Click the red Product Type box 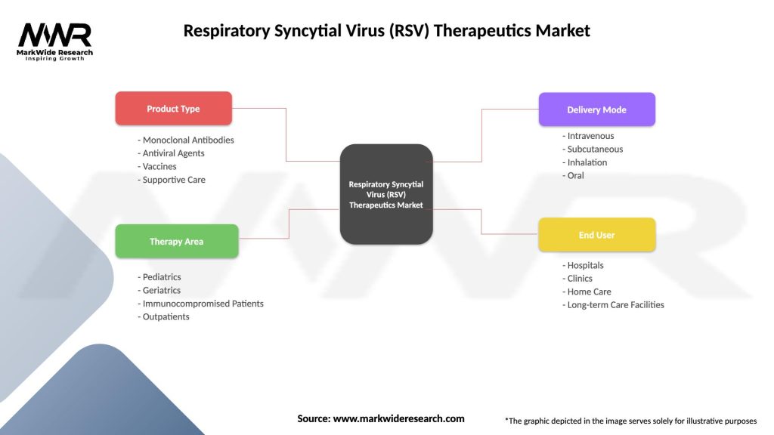click(x=173, y=109)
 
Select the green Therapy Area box click(x=176, y=242)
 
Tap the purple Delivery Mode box click(x=596, y=110)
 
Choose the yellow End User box click(x=596, y=235)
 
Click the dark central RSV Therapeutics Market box click(x=386, y=194)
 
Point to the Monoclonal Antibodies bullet click(x=186, y=140)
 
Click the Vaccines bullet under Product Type click(x=157, y=166)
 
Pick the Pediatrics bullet click(x=159, y=277)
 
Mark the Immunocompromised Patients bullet click(x=200, y=304)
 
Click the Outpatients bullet click(x=164, y=316)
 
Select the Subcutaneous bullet click(x=593, y=149)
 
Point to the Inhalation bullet click(x=584, y=162)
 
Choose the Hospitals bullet click(x=583, y=265)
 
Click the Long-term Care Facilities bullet click(x=613, y=304)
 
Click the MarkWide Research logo click(x=55, y=42)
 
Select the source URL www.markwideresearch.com click(x=398, y=418)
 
